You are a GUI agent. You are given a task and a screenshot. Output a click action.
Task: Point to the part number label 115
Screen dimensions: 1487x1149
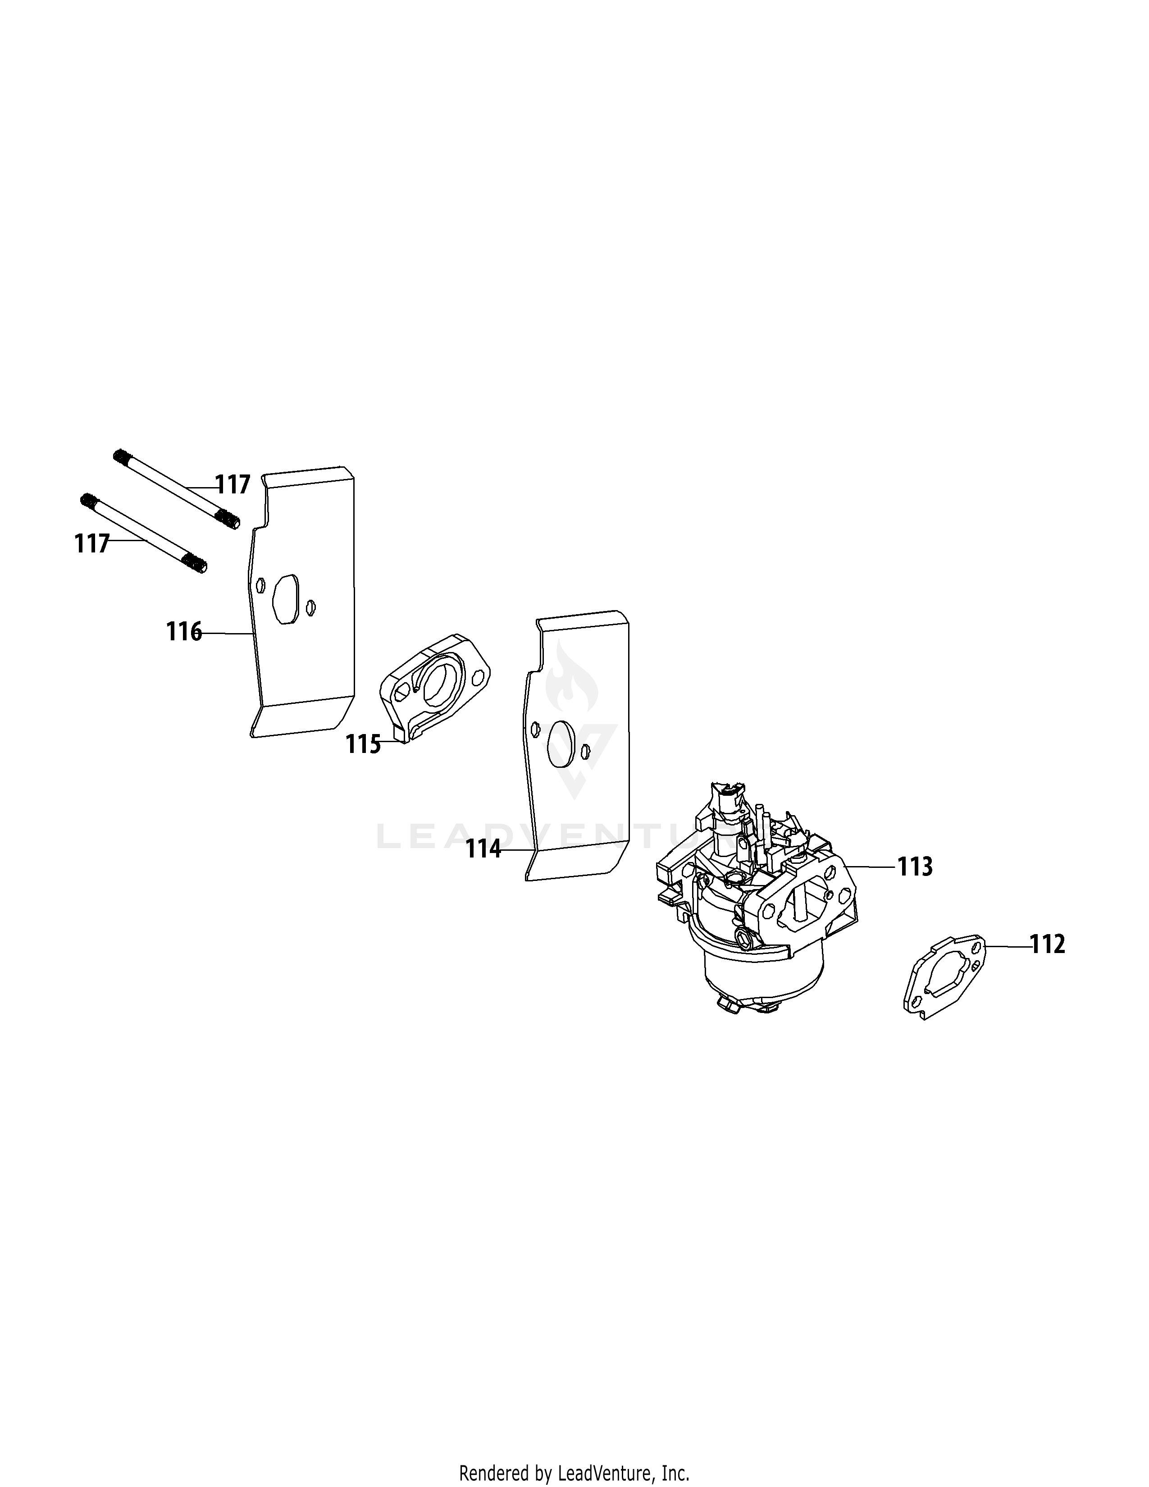click(363, 744)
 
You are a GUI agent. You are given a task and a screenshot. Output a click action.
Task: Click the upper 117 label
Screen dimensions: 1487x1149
click(233, 485)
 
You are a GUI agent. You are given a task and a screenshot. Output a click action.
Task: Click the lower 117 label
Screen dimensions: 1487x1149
click(92, 543)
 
